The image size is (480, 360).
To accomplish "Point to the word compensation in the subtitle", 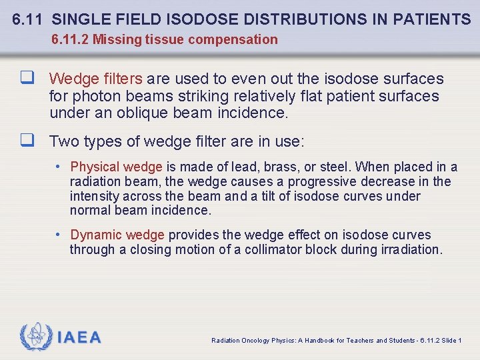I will (233, 39).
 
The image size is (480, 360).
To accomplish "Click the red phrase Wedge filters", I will (95, 79).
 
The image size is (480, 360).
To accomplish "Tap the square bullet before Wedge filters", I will (27, 79).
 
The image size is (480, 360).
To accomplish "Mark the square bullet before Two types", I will (27, 141).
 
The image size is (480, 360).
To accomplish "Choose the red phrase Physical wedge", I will (116, 167).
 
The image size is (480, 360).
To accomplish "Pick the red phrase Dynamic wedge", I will (117, 235).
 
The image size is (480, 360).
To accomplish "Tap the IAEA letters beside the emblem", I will (79, 338).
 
